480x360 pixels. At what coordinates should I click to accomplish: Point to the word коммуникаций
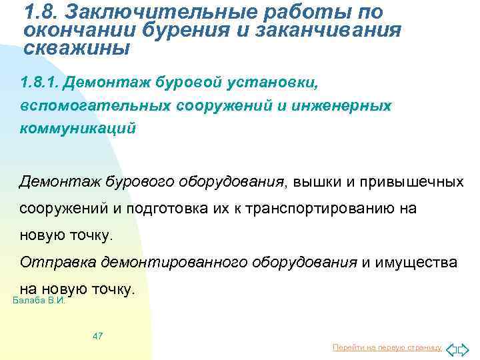pyautogui.click(x=77, y=128)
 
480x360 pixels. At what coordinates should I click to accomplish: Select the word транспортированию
pyautogui.click(x=321, y=209)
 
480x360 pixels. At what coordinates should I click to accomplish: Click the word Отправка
pyautogui.click(x=57, y=262)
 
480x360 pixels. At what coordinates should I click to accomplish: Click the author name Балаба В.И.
pyautogui.click(x=39, y=301)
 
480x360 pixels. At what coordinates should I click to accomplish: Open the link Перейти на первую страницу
pyautogui.click(x=387, y=348)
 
